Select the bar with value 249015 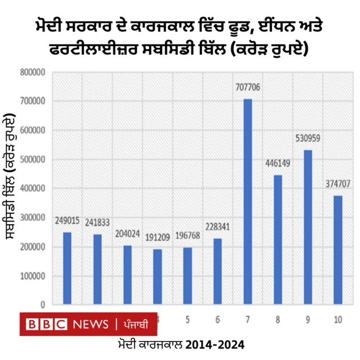pos(67,268)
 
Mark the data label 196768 pos(187,235)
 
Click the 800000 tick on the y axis pos(33,72)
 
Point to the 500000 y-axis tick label pos(33,160)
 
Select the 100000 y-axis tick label pos(33,276)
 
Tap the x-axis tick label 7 pos(247,319)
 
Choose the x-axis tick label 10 pos(338,319)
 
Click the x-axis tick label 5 pos(187,319)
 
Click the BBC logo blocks pos(47,325)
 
